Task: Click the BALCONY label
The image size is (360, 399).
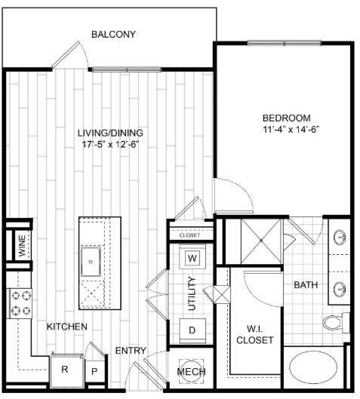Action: [113, 35]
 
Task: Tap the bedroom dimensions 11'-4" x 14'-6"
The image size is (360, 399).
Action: [291, 130]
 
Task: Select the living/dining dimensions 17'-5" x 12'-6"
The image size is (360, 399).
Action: [110, 145]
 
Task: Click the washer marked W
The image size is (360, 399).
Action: [192, 258]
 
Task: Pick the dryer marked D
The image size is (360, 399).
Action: [192, 330]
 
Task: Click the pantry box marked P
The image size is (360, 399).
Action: [94, 371]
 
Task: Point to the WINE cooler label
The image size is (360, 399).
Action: [22, 245]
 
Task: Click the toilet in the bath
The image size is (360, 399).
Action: [337, 323]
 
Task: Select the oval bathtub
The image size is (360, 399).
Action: [314, 367]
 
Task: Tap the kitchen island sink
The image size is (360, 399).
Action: [91, 261]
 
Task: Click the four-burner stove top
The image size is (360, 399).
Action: [20, 303]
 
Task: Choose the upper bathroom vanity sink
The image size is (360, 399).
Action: [340, 237]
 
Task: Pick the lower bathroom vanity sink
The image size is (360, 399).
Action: [340, 290]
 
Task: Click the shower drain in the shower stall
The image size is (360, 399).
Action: [261, 240]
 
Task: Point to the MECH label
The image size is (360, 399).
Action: [191, 372]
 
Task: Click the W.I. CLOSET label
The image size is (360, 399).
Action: [255, 334]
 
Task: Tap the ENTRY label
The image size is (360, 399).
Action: [131, 351]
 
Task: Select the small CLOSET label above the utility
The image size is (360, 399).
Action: [189, 235]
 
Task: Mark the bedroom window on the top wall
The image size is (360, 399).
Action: [285, 43]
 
